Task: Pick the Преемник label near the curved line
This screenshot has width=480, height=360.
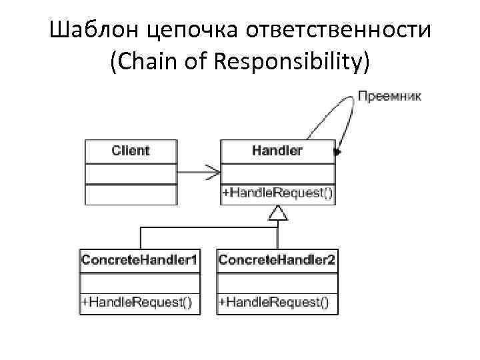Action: click(390, 96)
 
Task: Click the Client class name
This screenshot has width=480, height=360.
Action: click(131, 151)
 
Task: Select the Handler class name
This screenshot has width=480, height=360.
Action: click(277, 151)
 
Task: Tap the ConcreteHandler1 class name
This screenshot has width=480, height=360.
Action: click(139, 260)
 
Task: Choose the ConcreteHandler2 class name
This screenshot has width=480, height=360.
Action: click(277, 260)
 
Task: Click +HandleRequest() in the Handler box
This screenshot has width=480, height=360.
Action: click(277, 193)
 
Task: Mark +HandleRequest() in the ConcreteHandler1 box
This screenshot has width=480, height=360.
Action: click(137, 302)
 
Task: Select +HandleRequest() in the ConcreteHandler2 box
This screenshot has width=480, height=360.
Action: click(274, 302)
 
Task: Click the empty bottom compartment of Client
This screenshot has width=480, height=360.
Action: click(131, 193)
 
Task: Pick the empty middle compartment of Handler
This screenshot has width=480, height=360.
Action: click(277, 172)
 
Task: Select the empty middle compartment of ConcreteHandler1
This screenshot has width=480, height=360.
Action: click(139, 281)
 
